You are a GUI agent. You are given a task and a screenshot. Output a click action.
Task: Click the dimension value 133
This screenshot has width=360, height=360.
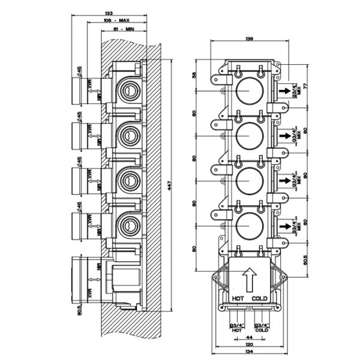click(109, 13)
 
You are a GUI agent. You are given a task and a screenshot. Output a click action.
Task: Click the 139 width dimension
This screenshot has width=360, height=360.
click(248, 39)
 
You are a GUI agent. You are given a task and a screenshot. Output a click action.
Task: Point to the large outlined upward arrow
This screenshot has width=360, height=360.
click(248, 279)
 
